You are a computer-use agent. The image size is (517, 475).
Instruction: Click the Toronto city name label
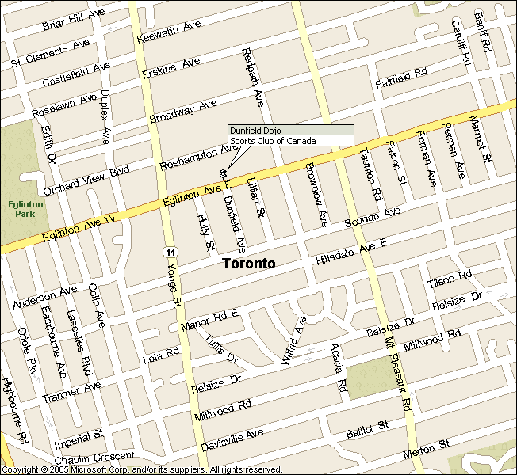[x=248, y=264]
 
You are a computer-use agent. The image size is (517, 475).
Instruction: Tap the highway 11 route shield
[x=170, y=252]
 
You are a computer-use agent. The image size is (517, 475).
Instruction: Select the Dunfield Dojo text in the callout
[x=255, y=130]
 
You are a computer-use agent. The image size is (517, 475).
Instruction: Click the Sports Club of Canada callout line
[x=272, y=141]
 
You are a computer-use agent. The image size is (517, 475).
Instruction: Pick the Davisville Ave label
[x=232, y=440]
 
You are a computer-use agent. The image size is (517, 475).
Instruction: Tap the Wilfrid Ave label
[x=293, y=340]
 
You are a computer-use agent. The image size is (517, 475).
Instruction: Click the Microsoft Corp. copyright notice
[x=143, y=469]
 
